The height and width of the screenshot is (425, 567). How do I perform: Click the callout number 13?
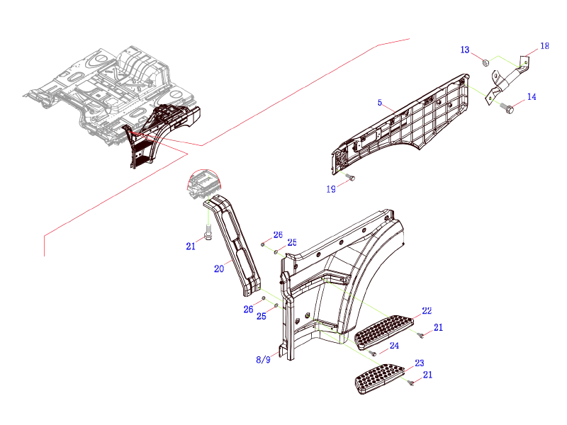click(x=465, y=50)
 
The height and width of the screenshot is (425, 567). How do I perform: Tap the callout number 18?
click(x=544, y=46)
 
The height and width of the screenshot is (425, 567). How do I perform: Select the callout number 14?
click(x=531, y=96)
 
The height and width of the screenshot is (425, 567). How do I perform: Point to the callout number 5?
click(x=380, y=103)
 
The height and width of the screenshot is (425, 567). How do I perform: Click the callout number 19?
click(x=331, y=189)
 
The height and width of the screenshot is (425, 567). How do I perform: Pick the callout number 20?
click(x=219, y=268)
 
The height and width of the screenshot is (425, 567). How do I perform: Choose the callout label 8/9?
click(x=263, y=360)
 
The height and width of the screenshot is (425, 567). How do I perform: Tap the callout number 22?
click(x=427, y=311)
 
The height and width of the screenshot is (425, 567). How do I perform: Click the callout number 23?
click(x=420, y=363)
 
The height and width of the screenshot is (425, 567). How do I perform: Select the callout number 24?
click(x=394, y=346)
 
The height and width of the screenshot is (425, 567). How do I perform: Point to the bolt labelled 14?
click(x=508, y=108)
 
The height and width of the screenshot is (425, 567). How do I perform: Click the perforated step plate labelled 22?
click(x=383, y=332)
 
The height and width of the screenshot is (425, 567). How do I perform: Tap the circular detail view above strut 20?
click(x=203, y=186)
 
